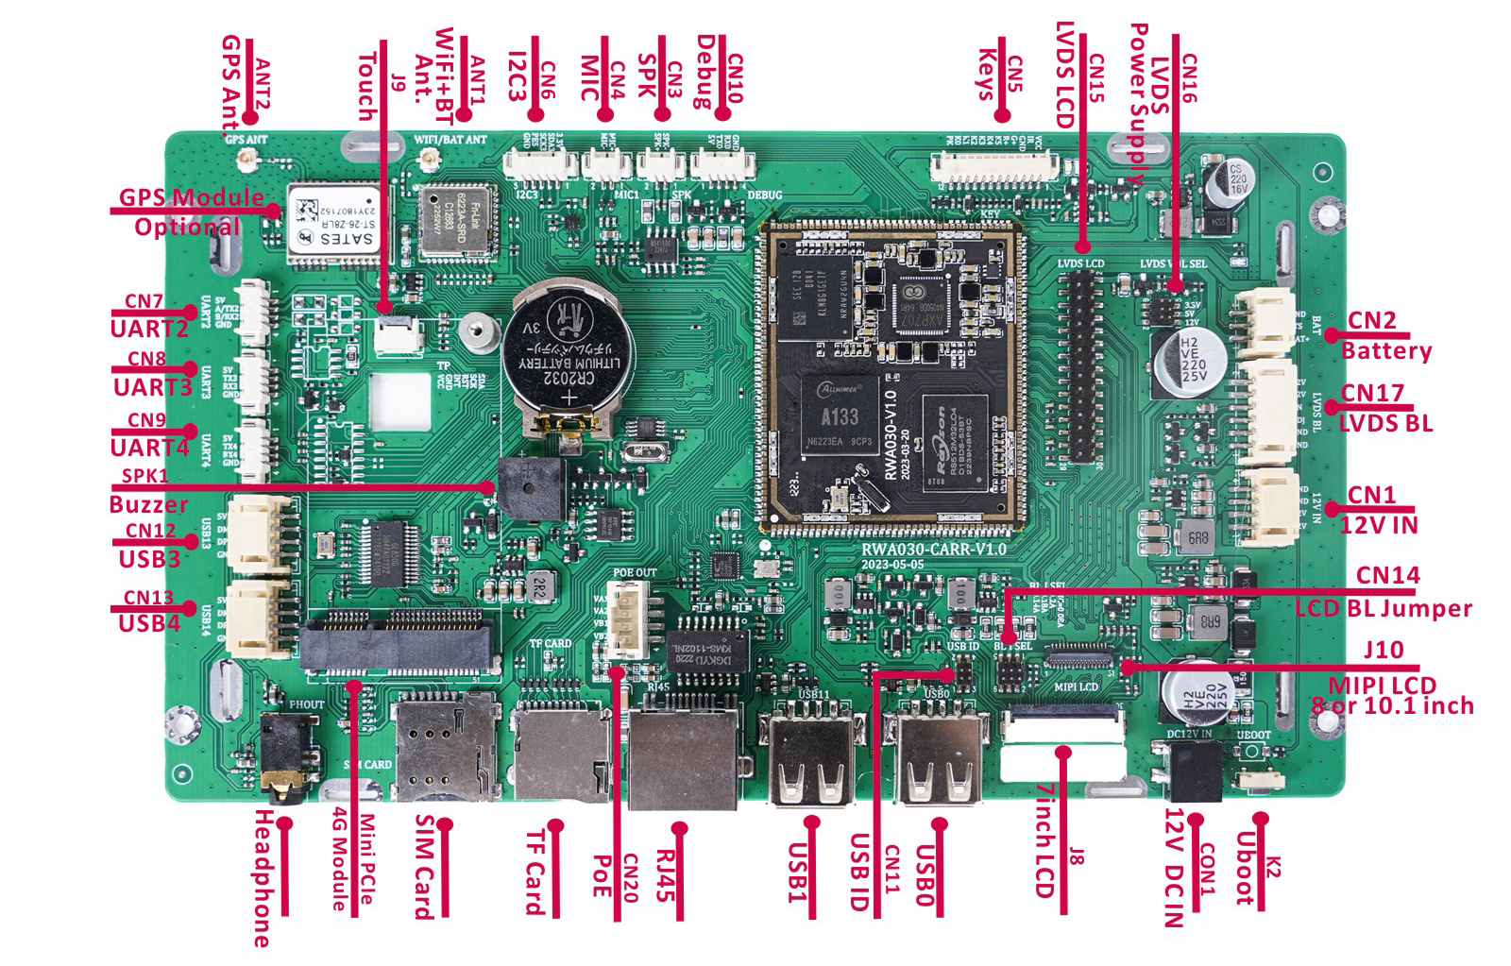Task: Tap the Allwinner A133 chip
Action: click(x=840, y=419)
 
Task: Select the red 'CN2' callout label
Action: click(x=1370, y=320)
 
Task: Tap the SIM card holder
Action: click(x=446, y=746)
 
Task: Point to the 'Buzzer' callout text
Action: click(x=148, y=504)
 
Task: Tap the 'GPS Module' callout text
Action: click(x=191, y=197)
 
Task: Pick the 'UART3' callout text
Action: click(x=152, y=387)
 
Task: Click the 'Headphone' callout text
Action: click(x=263, y=878)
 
